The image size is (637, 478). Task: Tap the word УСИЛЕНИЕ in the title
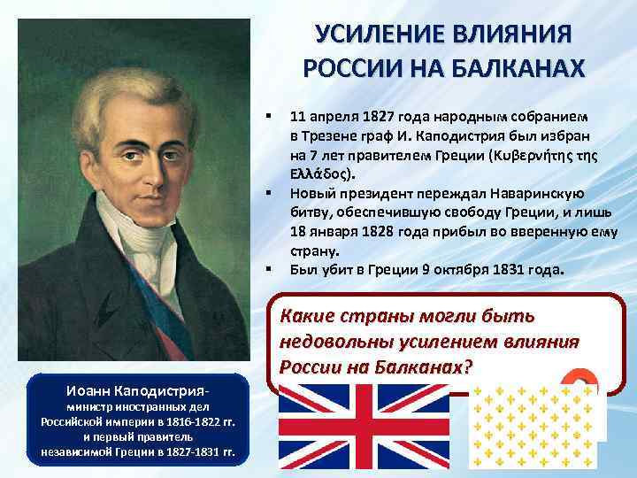point(380,34)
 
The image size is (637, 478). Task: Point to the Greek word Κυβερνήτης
point(526,155)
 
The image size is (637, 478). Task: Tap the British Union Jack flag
point(366,430)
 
